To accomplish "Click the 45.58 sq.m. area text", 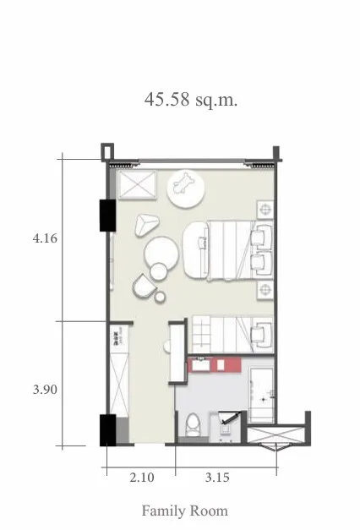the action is [x=191, y=100].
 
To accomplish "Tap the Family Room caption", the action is [x=184, y=511].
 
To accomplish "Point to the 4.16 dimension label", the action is [x=45, y=238].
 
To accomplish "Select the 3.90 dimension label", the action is [x=45, y=390].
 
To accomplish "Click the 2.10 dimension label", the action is [x=142, y=478].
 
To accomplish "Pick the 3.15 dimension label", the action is [x=217, y=478].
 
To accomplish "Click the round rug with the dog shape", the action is [x=186, y=189].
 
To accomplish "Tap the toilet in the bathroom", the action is [x=193, y=424].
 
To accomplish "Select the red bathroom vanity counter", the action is [x=214, y=364].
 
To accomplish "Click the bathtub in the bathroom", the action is [x=261, y=395].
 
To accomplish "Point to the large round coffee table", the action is [x=161, y=254].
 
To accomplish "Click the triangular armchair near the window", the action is [x=146, y=225].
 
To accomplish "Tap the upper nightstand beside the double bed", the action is [x=265, y=210].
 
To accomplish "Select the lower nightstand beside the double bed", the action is [x=265, y=290].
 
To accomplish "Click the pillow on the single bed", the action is [x=261, y=334].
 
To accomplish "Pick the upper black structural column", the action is [x=108, y=216].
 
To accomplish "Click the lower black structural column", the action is [x=108, y=430].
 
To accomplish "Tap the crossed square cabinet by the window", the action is [x=137, y=184].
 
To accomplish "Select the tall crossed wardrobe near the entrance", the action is [x=119, y=385].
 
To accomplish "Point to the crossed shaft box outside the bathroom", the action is [x=275, y=435].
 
